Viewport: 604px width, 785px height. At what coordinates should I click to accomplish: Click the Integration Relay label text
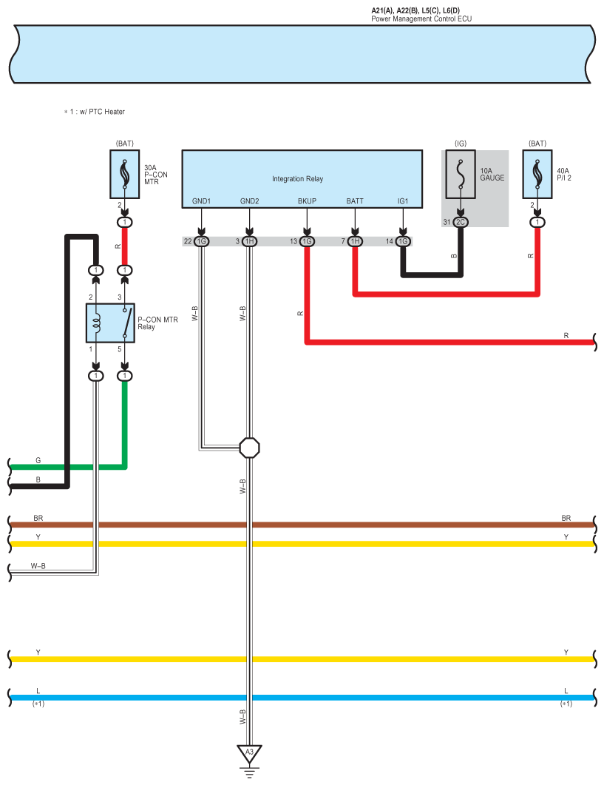click(297, 179)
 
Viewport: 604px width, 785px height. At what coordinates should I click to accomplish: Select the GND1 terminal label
click(201, 201)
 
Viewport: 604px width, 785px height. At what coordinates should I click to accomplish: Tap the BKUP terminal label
click(307, 201)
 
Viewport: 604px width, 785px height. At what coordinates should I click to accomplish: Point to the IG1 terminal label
click(403, 201)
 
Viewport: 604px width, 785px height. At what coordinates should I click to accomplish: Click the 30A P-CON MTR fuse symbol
click(125, 174)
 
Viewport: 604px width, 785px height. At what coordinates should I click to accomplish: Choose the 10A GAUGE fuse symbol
click(461, 174)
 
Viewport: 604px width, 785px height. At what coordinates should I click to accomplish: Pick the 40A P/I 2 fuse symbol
click(537, 174)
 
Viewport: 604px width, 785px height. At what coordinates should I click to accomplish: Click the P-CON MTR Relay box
click(111, 323)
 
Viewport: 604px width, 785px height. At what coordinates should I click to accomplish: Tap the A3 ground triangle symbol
click(249, 752)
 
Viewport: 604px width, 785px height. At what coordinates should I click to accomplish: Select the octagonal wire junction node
click(249, 448)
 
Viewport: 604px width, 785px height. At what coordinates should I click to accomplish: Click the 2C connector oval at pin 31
click(461, 222)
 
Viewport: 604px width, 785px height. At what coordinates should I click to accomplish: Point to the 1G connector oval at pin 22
click(201, 241)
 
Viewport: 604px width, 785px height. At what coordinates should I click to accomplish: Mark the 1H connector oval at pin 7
click(355, 241)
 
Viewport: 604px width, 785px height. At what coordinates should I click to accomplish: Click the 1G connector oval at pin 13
click(307, 241)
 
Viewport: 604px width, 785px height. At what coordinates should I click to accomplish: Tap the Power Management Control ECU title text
click(421, 19)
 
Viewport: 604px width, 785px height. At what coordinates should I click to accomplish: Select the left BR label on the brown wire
click(38, 518)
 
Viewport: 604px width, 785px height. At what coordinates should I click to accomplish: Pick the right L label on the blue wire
click(566, 691)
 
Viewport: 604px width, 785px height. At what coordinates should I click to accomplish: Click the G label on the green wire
click(38, 460)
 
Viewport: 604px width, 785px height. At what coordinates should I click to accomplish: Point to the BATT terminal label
click(355, 201)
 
